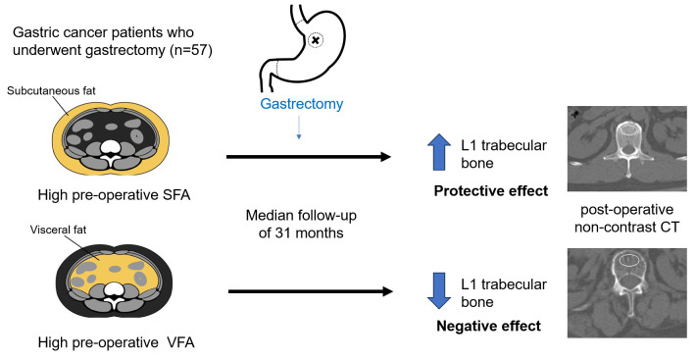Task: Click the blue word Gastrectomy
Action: pyautogui.click(x=301, y=104)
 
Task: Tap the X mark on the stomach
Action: pyautogui.click(x=316, y=40)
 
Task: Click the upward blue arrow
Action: pyautogui.click(x=438, y=152)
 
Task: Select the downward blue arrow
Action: pyautogui.click(x=438, y=290)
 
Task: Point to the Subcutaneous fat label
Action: pyautogui.click(x=51, y=91)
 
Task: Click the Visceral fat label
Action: pyautogui.click(x=58, y=230)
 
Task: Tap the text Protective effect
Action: pyautogui.click(x=491, y=191)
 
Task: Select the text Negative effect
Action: pyautogui.click(x=489, y=327)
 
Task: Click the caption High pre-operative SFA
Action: pyautogui.click(x=114, y=195)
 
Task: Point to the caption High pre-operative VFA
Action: pyautogui.click(x=117, y=342)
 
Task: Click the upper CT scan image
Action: pyautogui.click(x=626, y=149)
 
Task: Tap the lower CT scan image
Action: pyautogui.click(x=626, y=293)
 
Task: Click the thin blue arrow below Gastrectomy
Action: pyautogui.click(x=299, y=128)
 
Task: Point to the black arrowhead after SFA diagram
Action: pyautogui.click(x=384, y=157)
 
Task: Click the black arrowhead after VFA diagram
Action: pyautogui.click(x=386, y=291)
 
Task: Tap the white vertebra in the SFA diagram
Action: pyautogui.click(x=111, y=149)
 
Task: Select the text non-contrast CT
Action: pyautogui.click(x=626, y=228)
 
